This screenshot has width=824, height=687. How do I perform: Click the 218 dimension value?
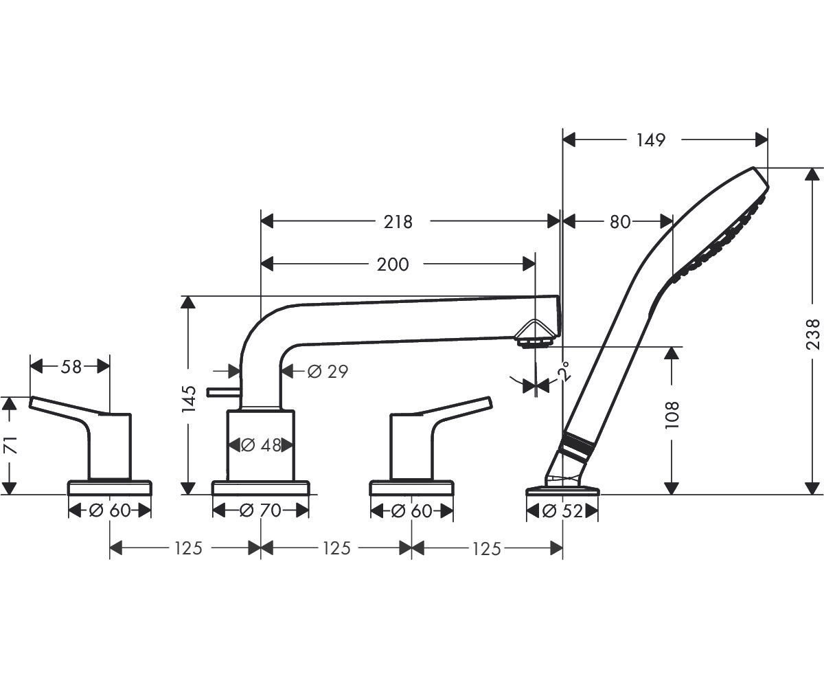pyautogui.click(x=398, y=222)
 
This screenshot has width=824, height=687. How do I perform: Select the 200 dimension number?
pyautogui.click(x=393, y=264)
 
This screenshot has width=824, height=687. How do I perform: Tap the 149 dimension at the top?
pyautogui.click(x=651, y=140)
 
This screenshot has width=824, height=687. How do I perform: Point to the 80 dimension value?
pyautogui.click(x=620, y=222)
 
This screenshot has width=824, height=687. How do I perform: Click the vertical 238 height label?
pyautogui.click(x=813, y=334)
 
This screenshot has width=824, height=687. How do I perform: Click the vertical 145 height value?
pyautogui.click(x=189, y=399)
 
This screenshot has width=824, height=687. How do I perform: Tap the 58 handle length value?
pyautogui.click(x=71, y=367)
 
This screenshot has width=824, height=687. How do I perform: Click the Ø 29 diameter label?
pyautogui.click(x=328, y=372)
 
